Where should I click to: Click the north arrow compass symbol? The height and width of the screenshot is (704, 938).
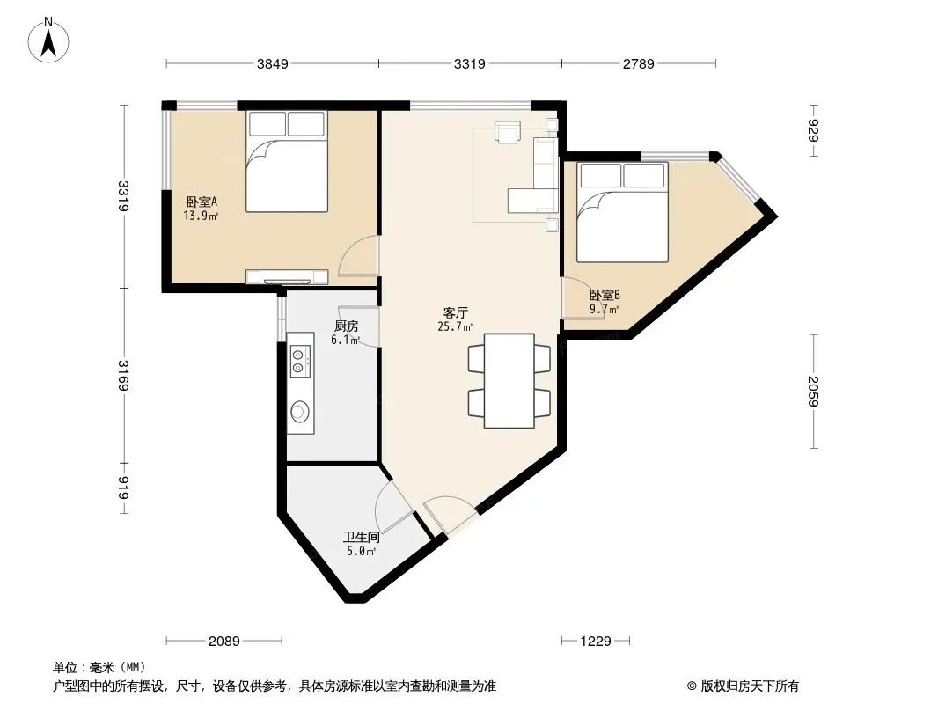48,40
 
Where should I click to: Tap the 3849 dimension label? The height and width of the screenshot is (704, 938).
273,63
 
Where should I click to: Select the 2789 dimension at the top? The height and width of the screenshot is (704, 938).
638,63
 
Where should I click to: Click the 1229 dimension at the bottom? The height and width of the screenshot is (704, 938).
596,642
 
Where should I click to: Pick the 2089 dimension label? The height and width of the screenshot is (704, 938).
224,642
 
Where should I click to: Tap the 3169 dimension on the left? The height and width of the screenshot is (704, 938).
123,376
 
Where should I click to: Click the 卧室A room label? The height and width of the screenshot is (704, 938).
202,202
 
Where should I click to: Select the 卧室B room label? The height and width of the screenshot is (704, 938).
605,295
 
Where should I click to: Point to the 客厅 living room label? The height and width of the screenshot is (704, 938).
456,312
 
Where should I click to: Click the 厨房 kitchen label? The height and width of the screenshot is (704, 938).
347,326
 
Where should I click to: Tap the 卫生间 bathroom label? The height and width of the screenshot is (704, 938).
362,537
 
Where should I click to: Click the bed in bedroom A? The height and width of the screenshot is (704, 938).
287,161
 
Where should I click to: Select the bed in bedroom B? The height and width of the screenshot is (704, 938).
622,212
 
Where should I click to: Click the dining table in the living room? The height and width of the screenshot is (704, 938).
509,381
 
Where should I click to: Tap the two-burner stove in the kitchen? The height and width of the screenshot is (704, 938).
301,362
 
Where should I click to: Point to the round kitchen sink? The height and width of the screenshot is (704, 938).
300,411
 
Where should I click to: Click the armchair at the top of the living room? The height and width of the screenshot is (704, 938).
508,132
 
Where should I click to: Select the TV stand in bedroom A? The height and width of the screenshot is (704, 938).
287,277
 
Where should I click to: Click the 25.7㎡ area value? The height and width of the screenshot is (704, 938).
455,326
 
